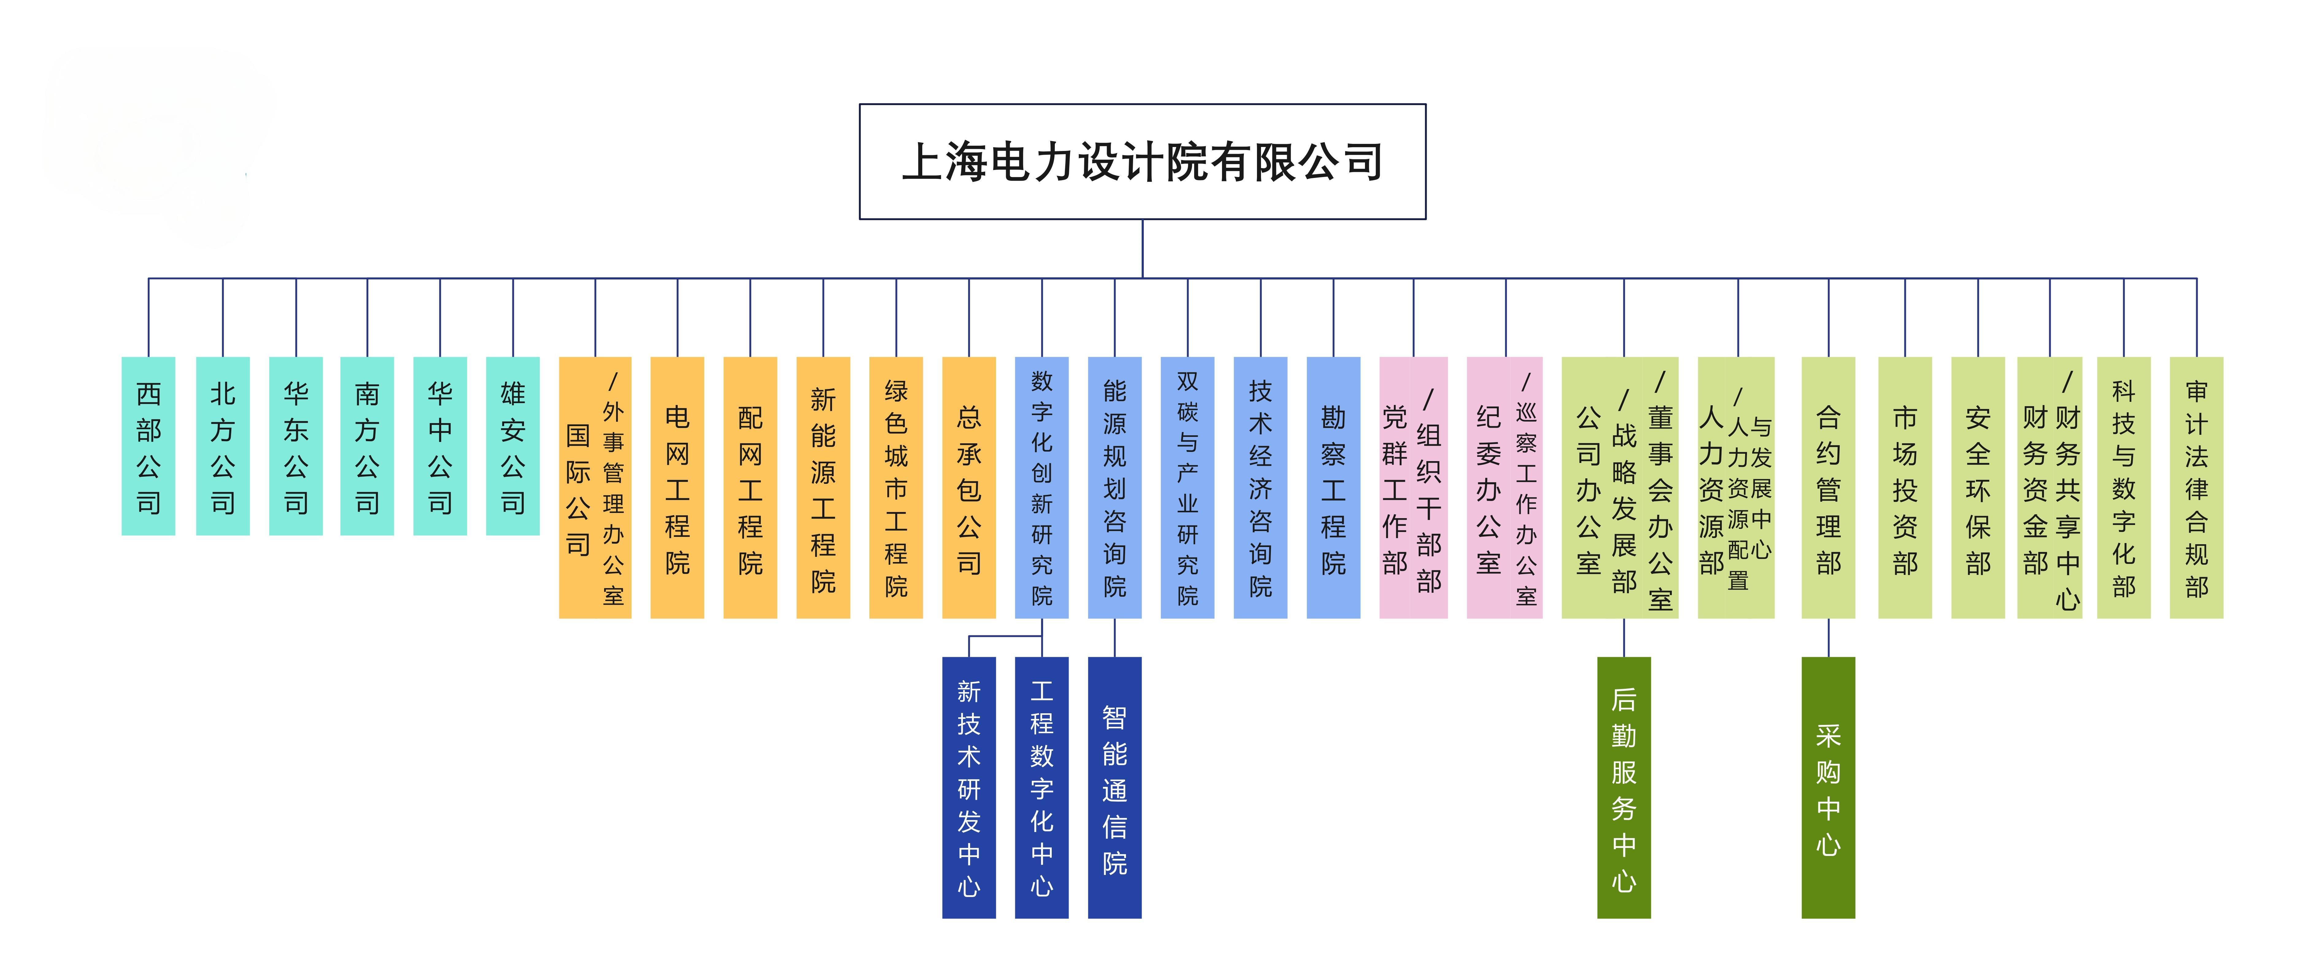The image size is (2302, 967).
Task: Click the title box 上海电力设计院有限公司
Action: (x=1142, y=162)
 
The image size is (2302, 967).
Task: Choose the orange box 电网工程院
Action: (x=677, y=487)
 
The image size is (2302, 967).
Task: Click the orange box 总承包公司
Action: (x=969, y=487)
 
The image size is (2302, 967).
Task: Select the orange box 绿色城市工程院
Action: (x=896, y=487)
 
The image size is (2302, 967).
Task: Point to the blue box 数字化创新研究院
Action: (x=1042, y=487)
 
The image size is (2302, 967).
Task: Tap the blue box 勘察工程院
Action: (x=1333, y=487)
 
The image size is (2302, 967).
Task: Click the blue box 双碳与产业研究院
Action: (x=1188, y=487)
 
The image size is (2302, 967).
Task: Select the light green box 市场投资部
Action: (x=1905, y=487)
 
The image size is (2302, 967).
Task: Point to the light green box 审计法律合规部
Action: (x=2196, y=487)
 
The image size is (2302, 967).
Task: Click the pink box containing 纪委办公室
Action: (x=1505, y=487)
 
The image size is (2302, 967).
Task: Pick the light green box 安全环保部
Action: (x=1979, y=487)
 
